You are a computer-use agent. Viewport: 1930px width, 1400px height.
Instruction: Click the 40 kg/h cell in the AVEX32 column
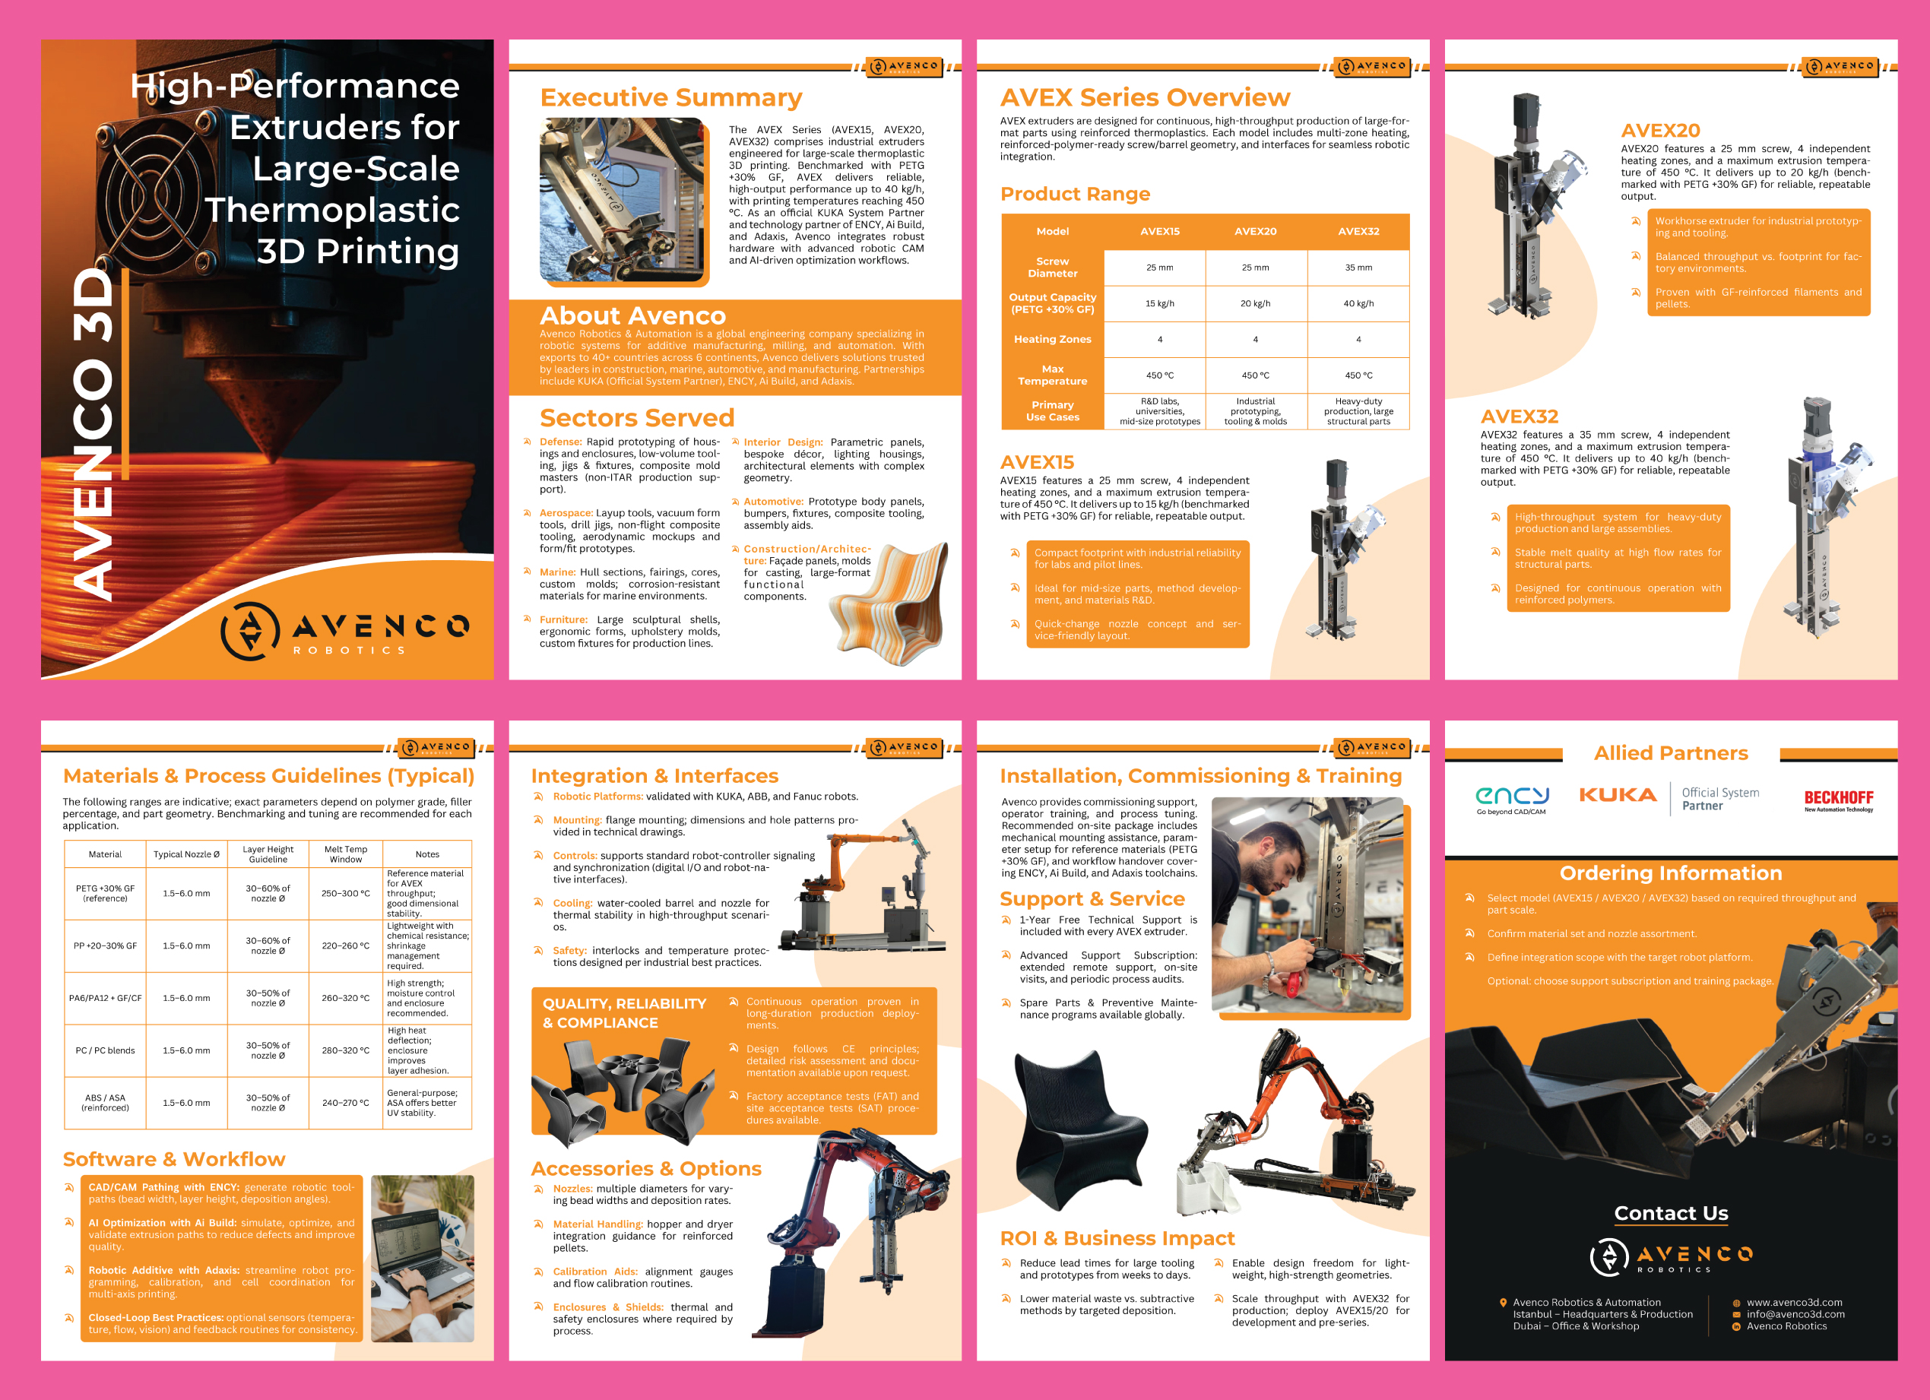(1358, 304)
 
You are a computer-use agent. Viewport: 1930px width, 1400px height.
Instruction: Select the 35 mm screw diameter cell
(1358, 268)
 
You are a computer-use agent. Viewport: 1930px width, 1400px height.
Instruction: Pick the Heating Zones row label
(1053, 339)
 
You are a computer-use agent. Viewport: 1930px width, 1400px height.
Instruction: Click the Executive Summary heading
(671, 98)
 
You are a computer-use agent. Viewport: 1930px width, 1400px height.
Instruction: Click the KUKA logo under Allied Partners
(1618, 795)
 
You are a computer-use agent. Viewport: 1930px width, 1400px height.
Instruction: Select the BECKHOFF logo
(1839, 799)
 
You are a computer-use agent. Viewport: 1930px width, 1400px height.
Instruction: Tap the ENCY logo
(1511, 799)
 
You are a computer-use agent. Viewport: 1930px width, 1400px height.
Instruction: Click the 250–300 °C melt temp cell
(346, 894)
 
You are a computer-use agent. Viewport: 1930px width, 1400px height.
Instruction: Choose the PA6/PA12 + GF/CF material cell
(106, 998)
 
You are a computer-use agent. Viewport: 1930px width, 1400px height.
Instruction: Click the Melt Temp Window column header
(346, 854)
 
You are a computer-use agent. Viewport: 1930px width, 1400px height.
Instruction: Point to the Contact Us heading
(1672, 1213)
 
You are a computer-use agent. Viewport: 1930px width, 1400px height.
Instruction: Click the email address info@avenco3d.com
(1795, 1314)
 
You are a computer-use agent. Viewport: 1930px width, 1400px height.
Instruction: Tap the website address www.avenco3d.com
(1795, 1302)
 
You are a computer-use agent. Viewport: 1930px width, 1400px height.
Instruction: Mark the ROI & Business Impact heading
(1117, 1238)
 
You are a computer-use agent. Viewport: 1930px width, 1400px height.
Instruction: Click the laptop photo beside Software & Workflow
(423, 1259)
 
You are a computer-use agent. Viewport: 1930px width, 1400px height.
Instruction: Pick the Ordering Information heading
(1671, 873)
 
